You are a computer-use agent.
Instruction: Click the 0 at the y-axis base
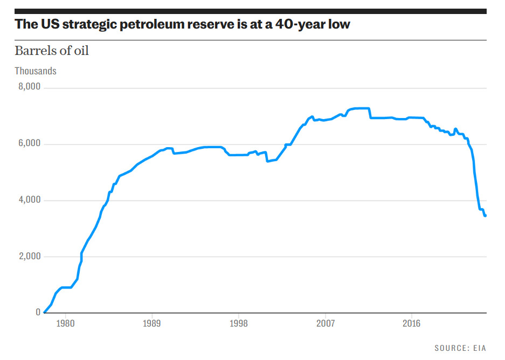tap(38, 312)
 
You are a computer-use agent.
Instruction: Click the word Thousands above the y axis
tap(36, 71)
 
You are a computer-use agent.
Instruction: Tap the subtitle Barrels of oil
tap(52, 51)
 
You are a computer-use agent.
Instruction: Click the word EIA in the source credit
tap(480, 349)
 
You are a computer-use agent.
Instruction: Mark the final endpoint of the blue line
tap(485, 216)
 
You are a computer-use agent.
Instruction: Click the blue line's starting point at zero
tap(44, 312)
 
